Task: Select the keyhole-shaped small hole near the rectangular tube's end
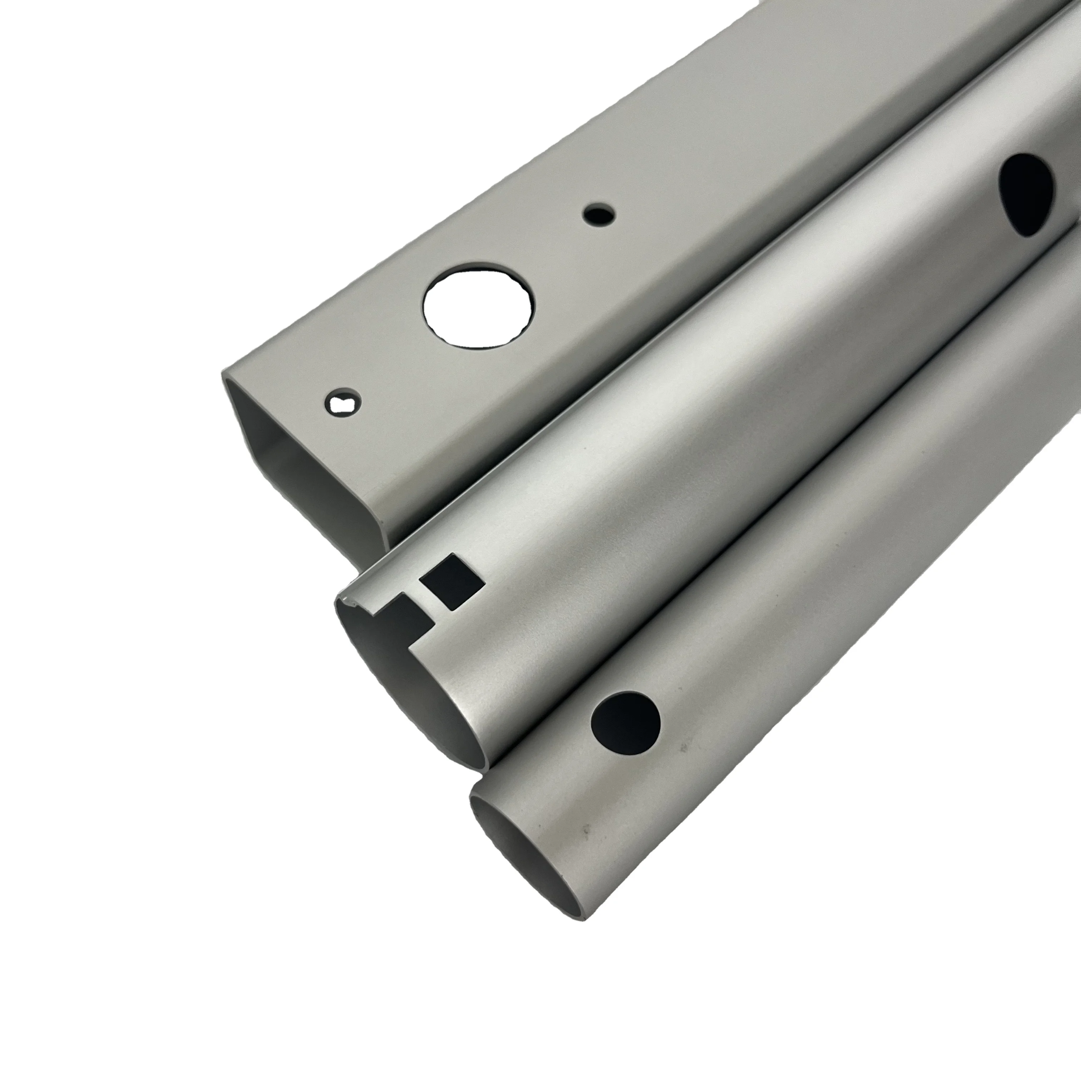pos(343,402)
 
